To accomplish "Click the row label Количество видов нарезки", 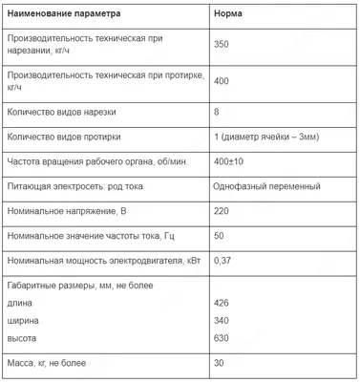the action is click(x=66, y=112).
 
